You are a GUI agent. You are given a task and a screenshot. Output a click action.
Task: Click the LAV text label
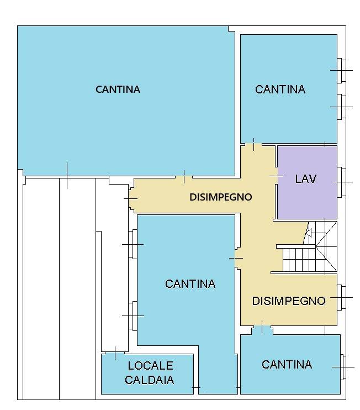pos(305,178)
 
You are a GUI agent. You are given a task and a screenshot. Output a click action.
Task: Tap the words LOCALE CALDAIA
pos(150,372)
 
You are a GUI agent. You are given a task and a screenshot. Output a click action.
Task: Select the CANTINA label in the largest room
pos(118,89)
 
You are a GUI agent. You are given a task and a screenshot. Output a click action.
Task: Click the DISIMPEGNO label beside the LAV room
pos(220,197)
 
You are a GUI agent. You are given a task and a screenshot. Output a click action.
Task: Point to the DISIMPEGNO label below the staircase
pos(288,301)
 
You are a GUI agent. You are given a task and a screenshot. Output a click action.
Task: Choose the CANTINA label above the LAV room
pos(280,89)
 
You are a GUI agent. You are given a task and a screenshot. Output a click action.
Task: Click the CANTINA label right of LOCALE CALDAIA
pos(287,364)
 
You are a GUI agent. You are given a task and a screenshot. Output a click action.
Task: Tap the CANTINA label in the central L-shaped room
pos(190,283)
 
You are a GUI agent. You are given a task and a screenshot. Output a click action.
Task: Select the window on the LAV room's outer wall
pos(342,182)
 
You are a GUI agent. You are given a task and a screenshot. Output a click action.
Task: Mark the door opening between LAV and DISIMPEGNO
pos(276,176)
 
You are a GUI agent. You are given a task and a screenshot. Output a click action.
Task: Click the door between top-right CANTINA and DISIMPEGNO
pos(253,145)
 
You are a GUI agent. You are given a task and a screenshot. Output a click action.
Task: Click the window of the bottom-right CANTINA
pos(344,366)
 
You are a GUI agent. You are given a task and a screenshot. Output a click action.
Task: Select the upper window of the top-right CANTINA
pos(342,70)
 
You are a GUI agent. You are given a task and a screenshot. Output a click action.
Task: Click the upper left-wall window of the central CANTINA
pos(133,244)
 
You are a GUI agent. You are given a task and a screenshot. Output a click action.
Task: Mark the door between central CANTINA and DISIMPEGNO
pos(237,258)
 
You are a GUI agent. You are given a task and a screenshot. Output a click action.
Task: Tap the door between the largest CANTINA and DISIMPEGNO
pos(184,177)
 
